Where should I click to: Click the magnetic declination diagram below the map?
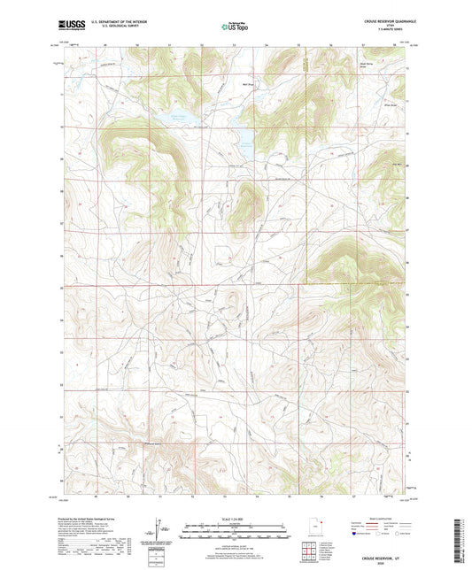pyautogui.click(x=159, y=530)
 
